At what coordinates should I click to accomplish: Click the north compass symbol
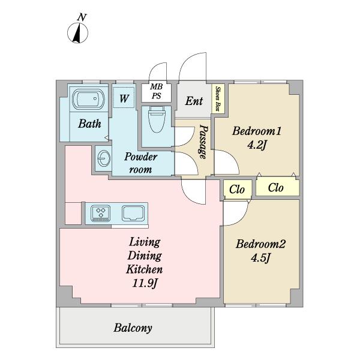[77, 33]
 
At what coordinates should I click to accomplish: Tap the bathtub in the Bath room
[89, 99]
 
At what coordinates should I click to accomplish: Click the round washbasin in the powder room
[104, 158]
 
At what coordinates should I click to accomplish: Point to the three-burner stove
[101, 213]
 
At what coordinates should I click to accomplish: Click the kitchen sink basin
[133, 213]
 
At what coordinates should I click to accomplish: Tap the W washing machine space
[124, 97]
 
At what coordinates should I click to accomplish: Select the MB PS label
[157, 91]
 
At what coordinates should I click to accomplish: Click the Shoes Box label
[217, 98]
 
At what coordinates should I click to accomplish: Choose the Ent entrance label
[194, 101]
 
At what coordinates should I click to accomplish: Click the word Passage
[203, 142]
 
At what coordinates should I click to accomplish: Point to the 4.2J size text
[257, 145]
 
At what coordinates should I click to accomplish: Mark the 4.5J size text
[260, 257]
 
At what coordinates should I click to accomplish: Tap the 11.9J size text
[145, 283]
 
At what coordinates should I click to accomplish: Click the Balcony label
[133, 328]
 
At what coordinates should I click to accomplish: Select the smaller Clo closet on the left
[238, 190]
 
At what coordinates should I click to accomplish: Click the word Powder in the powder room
[141, 157]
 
